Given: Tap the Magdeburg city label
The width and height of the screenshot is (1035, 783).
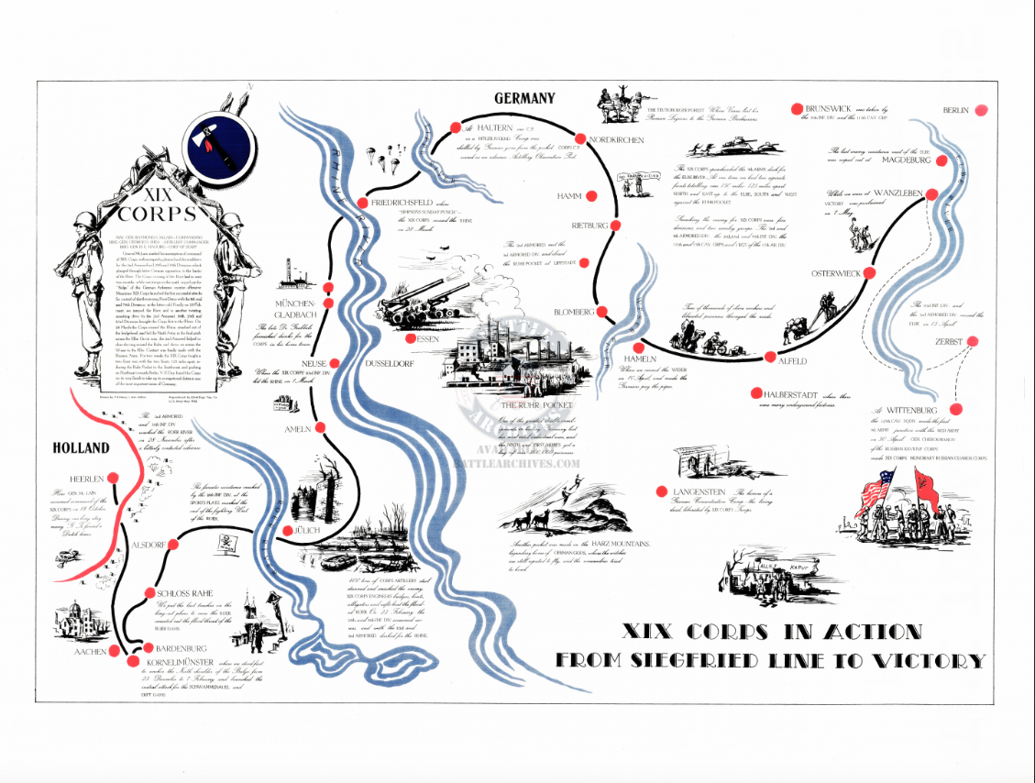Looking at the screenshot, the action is point(906,160).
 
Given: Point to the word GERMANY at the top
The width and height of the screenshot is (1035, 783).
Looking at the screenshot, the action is point(524,99).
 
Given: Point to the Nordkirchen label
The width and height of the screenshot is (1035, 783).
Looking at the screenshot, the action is point(616,140).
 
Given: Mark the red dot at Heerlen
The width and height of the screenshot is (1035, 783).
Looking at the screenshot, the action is point(113,478).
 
